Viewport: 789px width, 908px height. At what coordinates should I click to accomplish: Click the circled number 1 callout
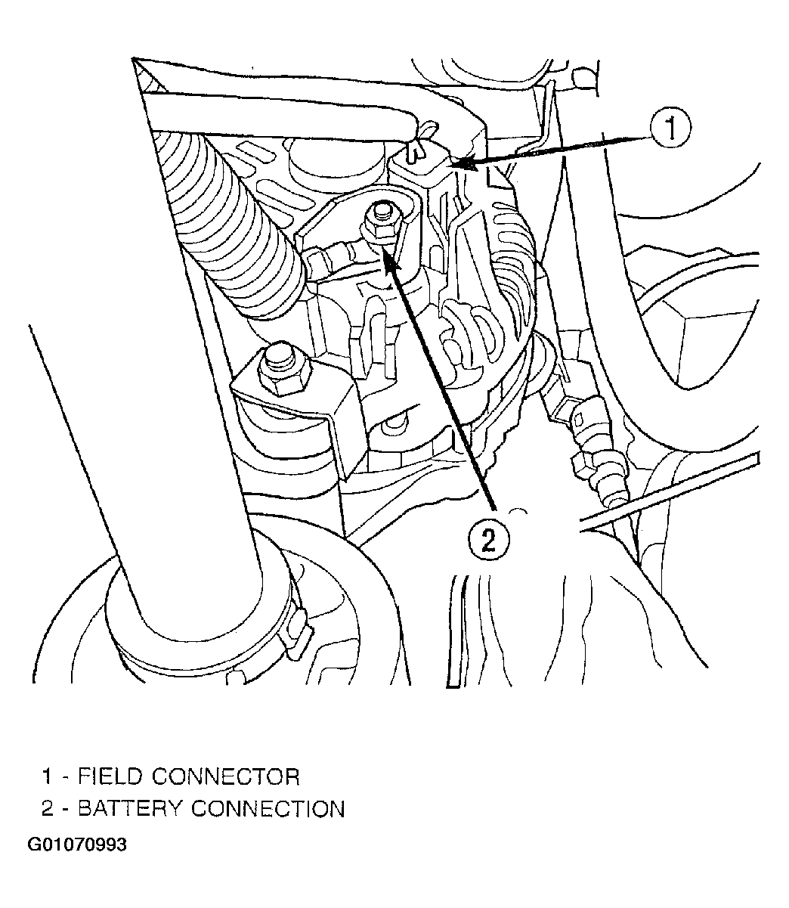670,130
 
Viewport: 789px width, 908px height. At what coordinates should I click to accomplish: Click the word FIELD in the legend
113,776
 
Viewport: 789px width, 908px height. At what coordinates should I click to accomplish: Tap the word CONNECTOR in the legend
226,776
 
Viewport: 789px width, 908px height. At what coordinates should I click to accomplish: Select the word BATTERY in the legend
130,808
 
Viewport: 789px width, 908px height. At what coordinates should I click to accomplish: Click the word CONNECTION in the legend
268,808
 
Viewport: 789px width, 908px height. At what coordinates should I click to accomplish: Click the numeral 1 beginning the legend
47,776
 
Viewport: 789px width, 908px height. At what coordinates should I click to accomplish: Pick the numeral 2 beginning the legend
47,808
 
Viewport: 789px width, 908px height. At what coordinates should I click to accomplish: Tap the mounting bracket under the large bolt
317,423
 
